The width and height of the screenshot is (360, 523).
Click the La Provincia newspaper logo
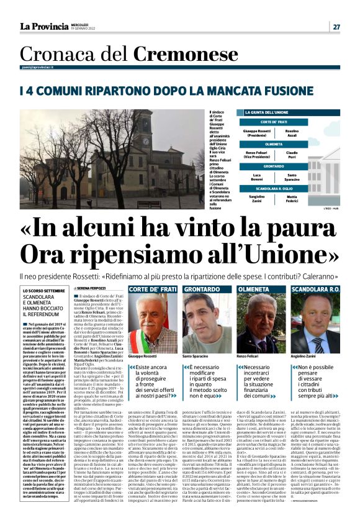tap(44, 26)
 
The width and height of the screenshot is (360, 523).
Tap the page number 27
tap(336, 27)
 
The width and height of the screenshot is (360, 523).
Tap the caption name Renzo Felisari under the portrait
tap(247, 357)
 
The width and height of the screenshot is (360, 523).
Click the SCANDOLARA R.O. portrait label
tap(315, 290)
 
